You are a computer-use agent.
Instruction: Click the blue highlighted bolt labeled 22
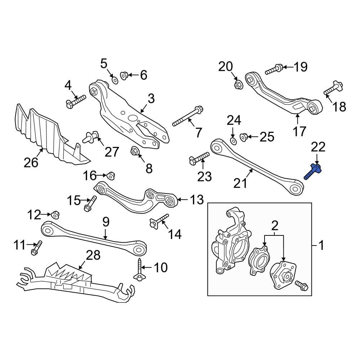click(313, 171)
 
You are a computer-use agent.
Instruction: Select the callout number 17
click(299, 131)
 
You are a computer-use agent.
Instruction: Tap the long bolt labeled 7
click(187, 116)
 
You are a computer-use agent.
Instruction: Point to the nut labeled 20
click(238, 85)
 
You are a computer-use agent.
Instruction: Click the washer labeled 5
click(114, 80)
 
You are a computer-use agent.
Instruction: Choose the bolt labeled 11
click(36, 248)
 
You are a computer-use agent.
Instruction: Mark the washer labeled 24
click(232, 139)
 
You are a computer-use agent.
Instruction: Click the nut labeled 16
click(110, 176)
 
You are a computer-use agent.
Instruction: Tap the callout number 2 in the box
click(275, 226)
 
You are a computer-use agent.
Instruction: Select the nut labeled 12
click(55, 215)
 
